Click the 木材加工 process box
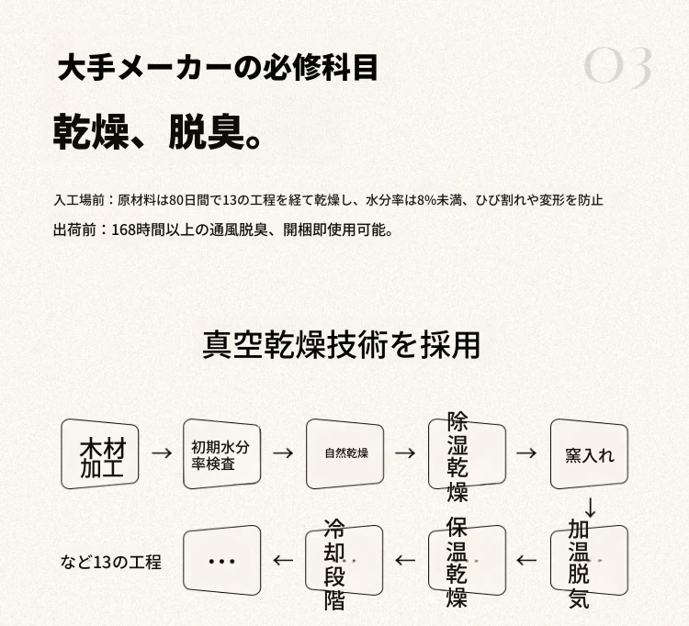coord(100,454)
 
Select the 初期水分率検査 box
coord(222,454)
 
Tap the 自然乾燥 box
coord(344,454)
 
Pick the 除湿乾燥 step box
coord(467,454)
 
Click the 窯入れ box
coord(589,454)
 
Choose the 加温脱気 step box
coord(589,561)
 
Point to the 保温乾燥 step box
coord(467,561)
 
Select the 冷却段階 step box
coord(344,561)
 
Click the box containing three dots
coord(222,561)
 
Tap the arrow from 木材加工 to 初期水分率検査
coord(162,453)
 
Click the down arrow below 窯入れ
coord(591,508)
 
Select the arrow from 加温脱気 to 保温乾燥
coord(526,560)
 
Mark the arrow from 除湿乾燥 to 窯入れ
coord(526,453)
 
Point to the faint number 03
coord(618,66)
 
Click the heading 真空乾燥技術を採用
coord(341,345)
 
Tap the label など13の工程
coord(111,562)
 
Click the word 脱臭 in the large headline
coord(207,132)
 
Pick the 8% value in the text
coord(426,201)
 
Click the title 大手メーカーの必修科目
coord(218,68)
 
